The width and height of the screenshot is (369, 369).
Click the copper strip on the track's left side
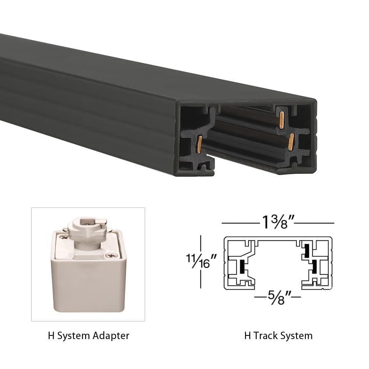[x=199, y=144]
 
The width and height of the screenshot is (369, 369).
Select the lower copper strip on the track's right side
[x=291, y=141]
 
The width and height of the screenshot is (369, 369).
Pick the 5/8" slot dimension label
[x=278, y=295]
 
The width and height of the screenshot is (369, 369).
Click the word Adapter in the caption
[x=110, y=336]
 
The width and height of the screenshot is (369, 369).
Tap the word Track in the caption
[x=266, y=336]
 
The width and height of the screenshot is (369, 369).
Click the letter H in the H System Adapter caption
[x=51, y=336]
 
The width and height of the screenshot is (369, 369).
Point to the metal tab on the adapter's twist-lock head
[x=103, y=222]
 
